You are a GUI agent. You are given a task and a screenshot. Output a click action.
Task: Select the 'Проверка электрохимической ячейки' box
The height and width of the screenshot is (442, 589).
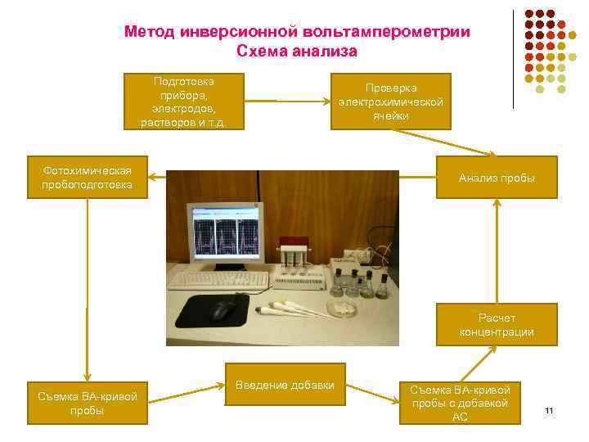click(390, 101)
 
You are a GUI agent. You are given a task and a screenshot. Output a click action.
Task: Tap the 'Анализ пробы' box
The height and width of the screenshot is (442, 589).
click(497, 178)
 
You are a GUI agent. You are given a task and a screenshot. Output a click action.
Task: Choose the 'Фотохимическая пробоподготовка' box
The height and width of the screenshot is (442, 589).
click(86, 177)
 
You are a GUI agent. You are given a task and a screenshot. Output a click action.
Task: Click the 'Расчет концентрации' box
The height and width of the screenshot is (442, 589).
click(497, 325)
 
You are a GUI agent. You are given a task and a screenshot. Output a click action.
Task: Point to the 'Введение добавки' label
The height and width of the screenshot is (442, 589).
click(285, 386)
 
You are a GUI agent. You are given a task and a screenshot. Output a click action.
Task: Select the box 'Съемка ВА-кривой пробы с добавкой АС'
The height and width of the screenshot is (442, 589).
click(459, 403)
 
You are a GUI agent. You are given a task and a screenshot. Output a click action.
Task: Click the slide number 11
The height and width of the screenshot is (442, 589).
click(549, 410)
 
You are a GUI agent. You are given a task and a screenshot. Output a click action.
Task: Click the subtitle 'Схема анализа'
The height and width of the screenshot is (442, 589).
click(297, 52)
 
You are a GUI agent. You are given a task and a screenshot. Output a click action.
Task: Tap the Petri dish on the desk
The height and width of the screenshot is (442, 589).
click(342, 307)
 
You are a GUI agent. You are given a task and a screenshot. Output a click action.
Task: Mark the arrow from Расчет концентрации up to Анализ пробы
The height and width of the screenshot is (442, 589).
click(496, 250)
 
